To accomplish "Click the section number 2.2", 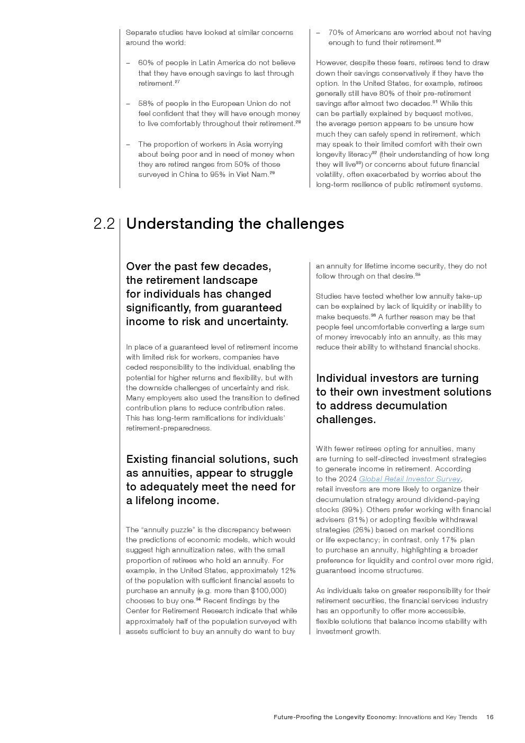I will tap(104, 224).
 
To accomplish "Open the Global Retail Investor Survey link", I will tap(410, 479).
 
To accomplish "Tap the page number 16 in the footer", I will tap(490, 717).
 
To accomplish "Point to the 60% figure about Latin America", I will tap(146, 63).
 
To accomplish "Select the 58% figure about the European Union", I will tap(146, 103).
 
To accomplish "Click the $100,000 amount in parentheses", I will tap(268, 590).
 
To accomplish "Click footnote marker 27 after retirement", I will tap(177, 82).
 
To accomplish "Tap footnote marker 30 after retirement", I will tap(438, 41).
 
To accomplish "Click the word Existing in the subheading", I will tap(147, 459).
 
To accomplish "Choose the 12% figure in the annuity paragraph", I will tap(288, 570).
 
